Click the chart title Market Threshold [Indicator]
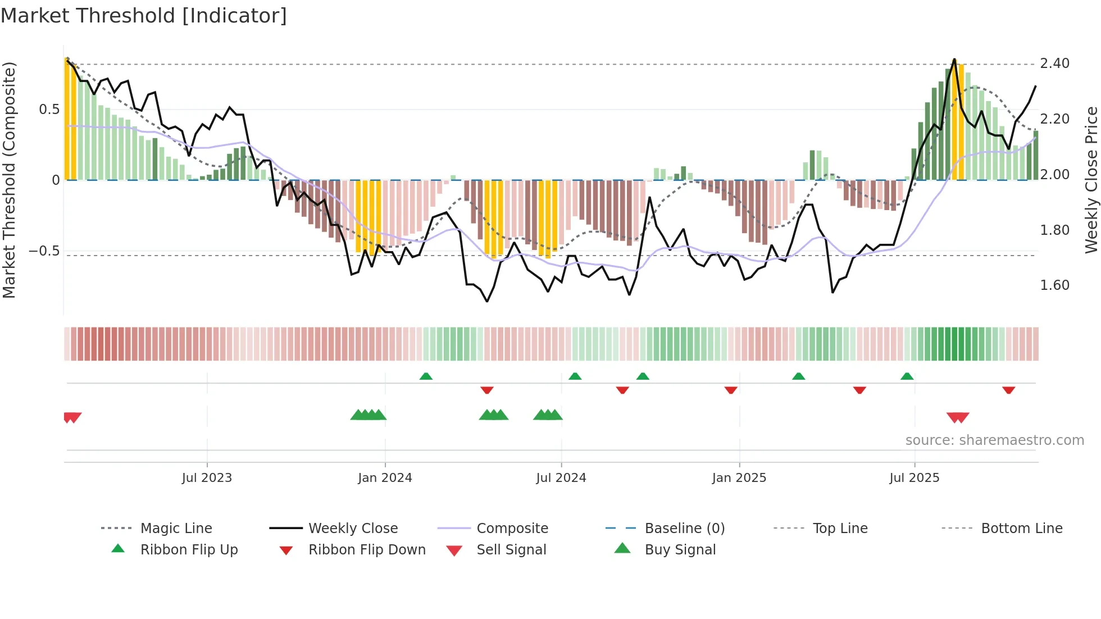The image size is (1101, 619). tap(144, 16)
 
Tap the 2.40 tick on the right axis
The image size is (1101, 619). tap(1054, 63)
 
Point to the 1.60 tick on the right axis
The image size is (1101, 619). tap(1054, 285)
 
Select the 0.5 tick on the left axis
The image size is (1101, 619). tap(49, 110)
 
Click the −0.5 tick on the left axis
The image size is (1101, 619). tap(44, 251)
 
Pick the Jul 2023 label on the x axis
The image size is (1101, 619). tap(207, 478)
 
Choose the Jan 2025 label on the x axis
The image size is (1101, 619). tap(739, 478)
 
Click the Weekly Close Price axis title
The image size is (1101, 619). tap(1091, 180)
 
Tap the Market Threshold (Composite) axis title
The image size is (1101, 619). tap(9, 180)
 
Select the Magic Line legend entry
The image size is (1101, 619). tap(176, 529)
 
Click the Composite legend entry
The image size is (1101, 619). tap(512, 529)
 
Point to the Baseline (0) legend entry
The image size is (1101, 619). tap(684, 529)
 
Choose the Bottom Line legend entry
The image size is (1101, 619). tap(1021, 529)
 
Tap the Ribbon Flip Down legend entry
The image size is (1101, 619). tap(367, 550)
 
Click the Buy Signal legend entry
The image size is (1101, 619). tap(680, 550)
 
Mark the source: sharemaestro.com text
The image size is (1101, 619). tap(994, 440)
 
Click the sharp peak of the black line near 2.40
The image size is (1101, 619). tap(954, 59)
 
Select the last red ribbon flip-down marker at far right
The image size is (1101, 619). tap(1008, 390)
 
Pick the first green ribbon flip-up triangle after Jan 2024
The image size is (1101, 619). tap(426, 376)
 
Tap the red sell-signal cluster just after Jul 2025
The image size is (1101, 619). tap(958, 417)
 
